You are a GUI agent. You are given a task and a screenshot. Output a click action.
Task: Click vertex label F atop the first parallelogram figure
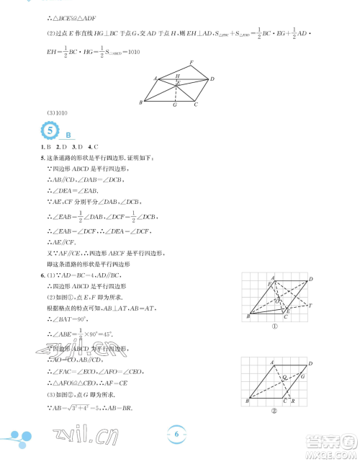192,62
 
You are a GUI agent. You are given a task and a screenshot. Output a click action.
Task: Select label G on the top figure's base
174,105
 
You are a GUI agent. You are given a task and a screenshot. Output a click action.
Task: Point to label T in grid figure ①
310,306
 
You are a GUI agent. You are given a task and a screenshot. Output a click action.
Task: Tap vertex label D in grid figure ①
310,278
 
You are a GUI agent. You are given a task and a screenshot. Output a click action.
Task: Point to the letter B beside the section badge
68,135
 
